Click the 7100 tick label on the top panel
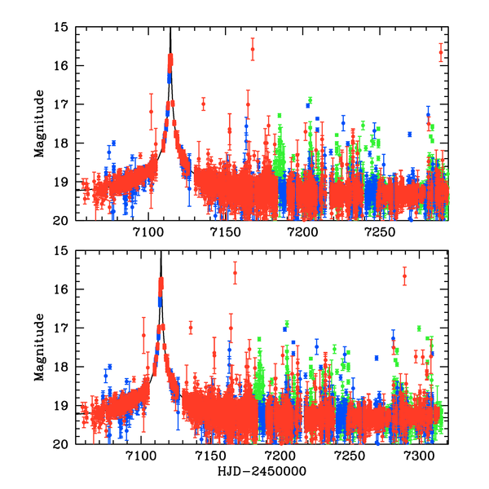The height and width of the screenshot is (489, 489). tap(148, 231)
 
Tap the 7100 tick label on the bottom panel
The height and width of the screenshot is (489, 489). tap(140, 455)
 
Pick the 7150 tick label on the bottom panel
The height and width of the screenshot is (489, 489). tap(210, 455)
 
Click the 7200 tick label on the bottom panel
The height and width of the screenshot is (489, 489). tap(280, 455)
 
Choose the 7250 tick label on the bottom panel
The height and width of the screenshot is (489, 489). tap(350, 455)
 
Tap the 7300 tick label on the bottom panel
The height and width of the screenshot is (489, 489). tap(421, 455)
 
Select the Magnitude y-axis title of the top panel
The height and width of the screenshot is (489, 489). tap(38, 124)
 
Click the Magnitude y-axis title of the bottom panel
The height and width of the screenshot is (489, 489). tap(38, 348)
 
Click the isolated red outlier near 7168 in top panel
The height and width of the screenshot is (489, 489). tap(253, 49)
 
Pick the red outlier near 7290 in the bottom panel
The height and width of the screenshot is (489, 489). tap(404, 276)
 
